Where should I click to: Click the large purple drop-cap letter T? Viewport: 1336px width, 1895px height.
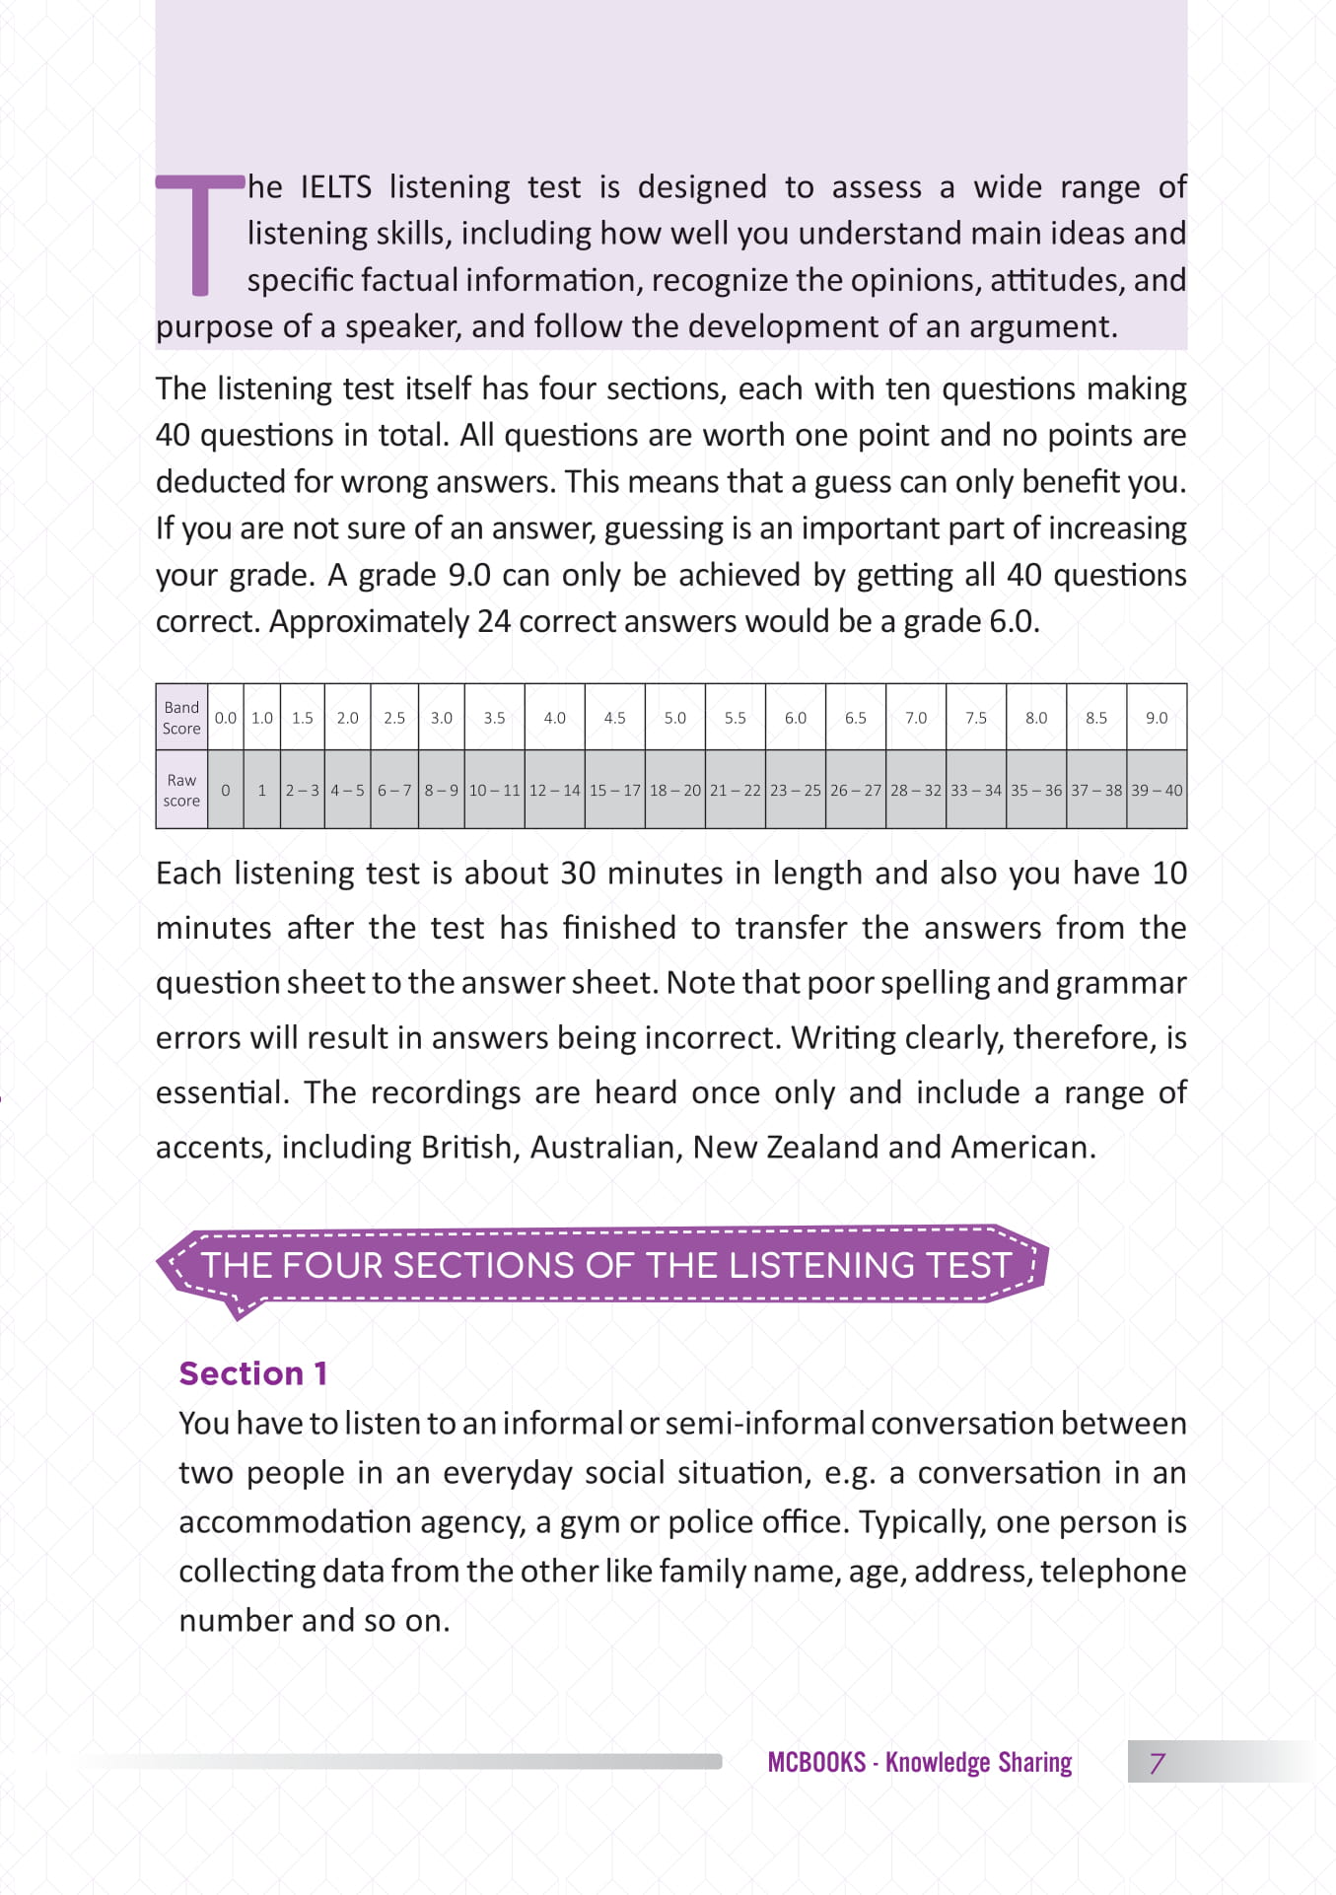tap(200, 234)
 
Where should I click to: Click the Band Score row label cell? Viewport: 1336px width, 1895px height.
tap(181, 718)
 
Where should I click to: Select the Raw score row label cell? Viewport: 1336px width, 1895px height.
tap(181, 790)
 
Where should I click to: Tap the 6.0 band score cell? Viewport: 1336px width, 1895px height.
tap(796, 718)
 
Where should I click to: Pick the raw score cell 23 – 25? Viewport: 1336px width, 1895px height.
tap(796, 790)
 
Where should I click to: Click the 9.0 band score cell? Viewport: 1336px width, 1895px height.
tap(1157, 718)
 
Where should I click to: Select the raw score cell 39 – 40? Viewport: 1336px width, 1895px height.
tap(1157, 790)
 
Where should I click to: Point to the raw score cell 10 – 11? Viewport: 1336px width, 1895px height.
tap(494, 790)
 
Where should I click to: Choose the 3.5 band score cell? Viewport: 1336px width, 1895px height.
tap(494, 718)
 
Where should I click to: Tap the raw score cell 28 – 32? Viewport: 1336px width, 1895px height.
tap(916, 790)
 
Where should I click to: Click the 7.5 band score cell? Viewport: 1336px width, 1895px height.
tap(976, 718)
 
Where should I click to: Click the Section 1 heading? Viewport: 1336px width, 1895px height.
tap(252, 1373)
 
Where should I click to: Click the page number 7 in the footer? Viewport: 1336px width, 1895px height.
tap(1158, 1763)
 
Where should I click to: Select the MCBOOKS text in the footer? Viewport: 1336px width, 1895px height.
tap(816, 1763)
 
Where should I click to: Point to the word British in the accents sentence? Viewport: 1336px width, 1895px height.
tap(466, 1148)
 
